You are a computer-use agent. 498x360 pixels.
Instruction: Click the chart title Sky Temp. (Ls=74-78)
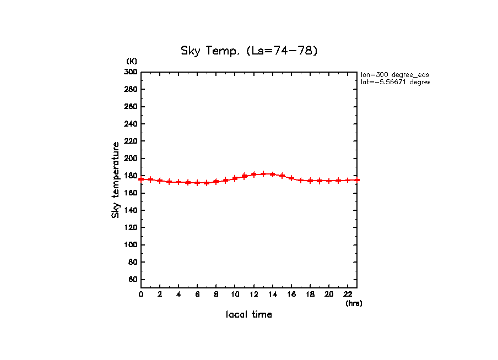coord(249,51)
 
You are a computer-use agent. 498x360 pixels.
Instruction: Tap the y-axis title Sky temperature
coord(116,180)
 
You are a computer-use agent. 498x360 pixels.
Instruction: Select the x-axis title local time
coord(249,315)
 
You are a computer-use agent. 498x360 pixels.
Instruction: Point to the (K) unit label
coord(132,61)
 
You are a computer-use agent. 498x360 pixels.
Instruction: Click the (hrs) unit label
coord(354,303)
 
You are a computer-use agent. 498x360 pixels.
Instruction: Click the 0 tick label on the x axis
coord(141,294)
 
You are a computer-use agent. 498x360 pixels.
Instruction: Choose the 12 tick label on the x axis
coord(253,294)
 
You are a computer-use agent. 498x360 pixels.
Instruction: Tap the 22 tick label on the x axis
coord(348,294)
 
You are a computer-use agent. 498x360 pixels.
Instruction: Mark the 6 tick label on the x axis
coord(197,294)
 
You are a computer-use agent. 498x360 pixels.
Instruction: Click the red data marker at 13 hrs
coord(263,174)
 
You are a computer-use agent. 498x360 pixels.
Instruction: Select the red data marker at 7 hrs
coord(207,183)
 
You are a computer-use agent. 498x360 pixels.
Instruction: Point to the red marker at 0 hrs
coord(141,179)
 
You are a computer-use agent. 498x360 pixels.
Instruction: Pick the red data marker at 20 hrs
coord(329,181)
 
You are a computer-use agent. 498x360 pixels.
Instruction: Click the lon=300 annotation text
coord(394,74)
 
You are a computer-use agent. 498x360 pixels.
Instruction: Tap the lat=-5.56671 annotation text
coord(394,82)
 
